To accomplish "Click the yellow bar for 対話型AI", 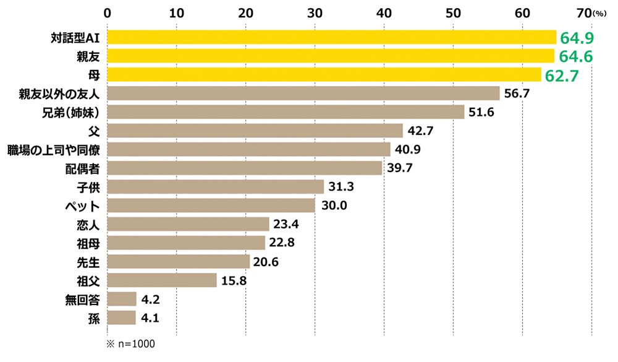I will coord(332,38).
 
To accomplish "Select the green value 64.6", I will coord(576,57).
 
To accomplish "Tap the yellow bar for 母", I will coord(324,75).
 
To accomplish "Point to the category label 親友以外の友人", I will coord(64,94).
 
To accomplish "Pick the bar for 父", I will coord(255,131).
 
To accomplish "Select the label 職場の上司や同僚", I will coord(54,150).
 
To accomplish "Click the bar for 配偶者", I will coord(245,168).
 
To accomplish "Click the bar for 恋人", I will coord(188,224).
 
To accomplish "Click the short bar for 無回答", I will coord(122,299).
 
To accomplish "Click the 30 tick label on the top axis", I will coord(315,12).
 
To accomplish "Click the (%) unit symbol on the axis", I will coord(601,13).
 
